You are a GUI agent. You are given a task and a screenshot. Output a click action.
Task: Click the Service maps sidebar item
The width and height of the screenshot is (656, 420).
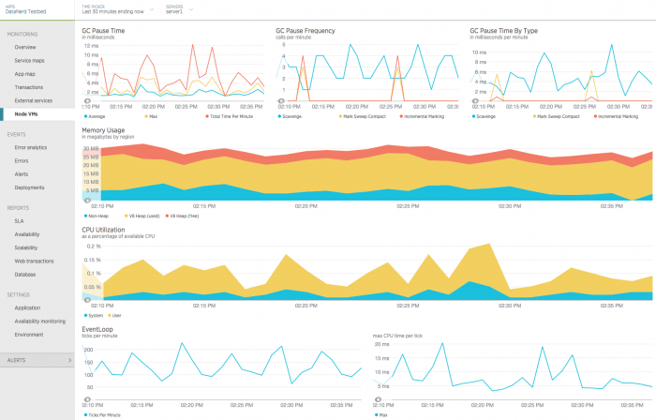click(x=30, y=60)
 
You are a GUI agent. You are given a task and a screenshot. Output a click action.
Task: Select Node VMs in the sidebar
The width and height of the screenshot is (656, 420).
click(x=27, y=112)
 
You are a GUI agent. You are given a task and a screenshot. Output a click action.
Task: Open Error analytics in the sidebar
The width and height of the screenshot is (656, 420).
click(x=31, y=147)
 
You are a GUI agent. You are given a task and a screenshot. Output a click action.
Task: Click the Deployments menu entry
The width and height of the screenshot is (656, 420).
click(x=29, y=187)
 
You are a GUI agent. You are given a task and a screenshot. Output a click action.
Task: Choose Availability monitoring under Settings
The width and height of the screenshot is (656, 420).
click(x=40, y=321)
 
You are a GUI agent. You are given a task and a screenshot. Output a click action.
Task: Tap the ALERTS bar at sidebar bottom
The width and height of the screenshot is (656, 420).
click(x=37, y=359)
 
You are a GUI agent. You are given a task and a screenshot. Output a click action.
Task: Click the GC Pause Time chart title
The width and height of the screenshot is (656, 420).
click(x=103, y=30)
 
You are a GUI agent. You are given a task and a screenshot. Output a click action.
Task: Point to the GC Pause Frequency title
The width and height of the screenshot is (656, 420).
click(x=306, y=30)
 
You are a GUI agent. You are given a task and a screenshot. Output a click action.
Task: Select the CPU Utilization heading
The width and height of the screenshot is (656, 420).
click(x=105, y=229)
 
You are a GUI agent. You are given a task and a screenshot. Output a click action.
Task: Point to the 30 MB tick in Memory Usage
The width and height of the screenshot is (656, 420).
click(x=91, y=149)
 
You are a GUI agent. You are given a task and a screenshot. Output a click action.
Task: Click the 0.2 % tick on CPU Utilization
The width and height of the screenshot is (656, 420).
click(x=93, y=246)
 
